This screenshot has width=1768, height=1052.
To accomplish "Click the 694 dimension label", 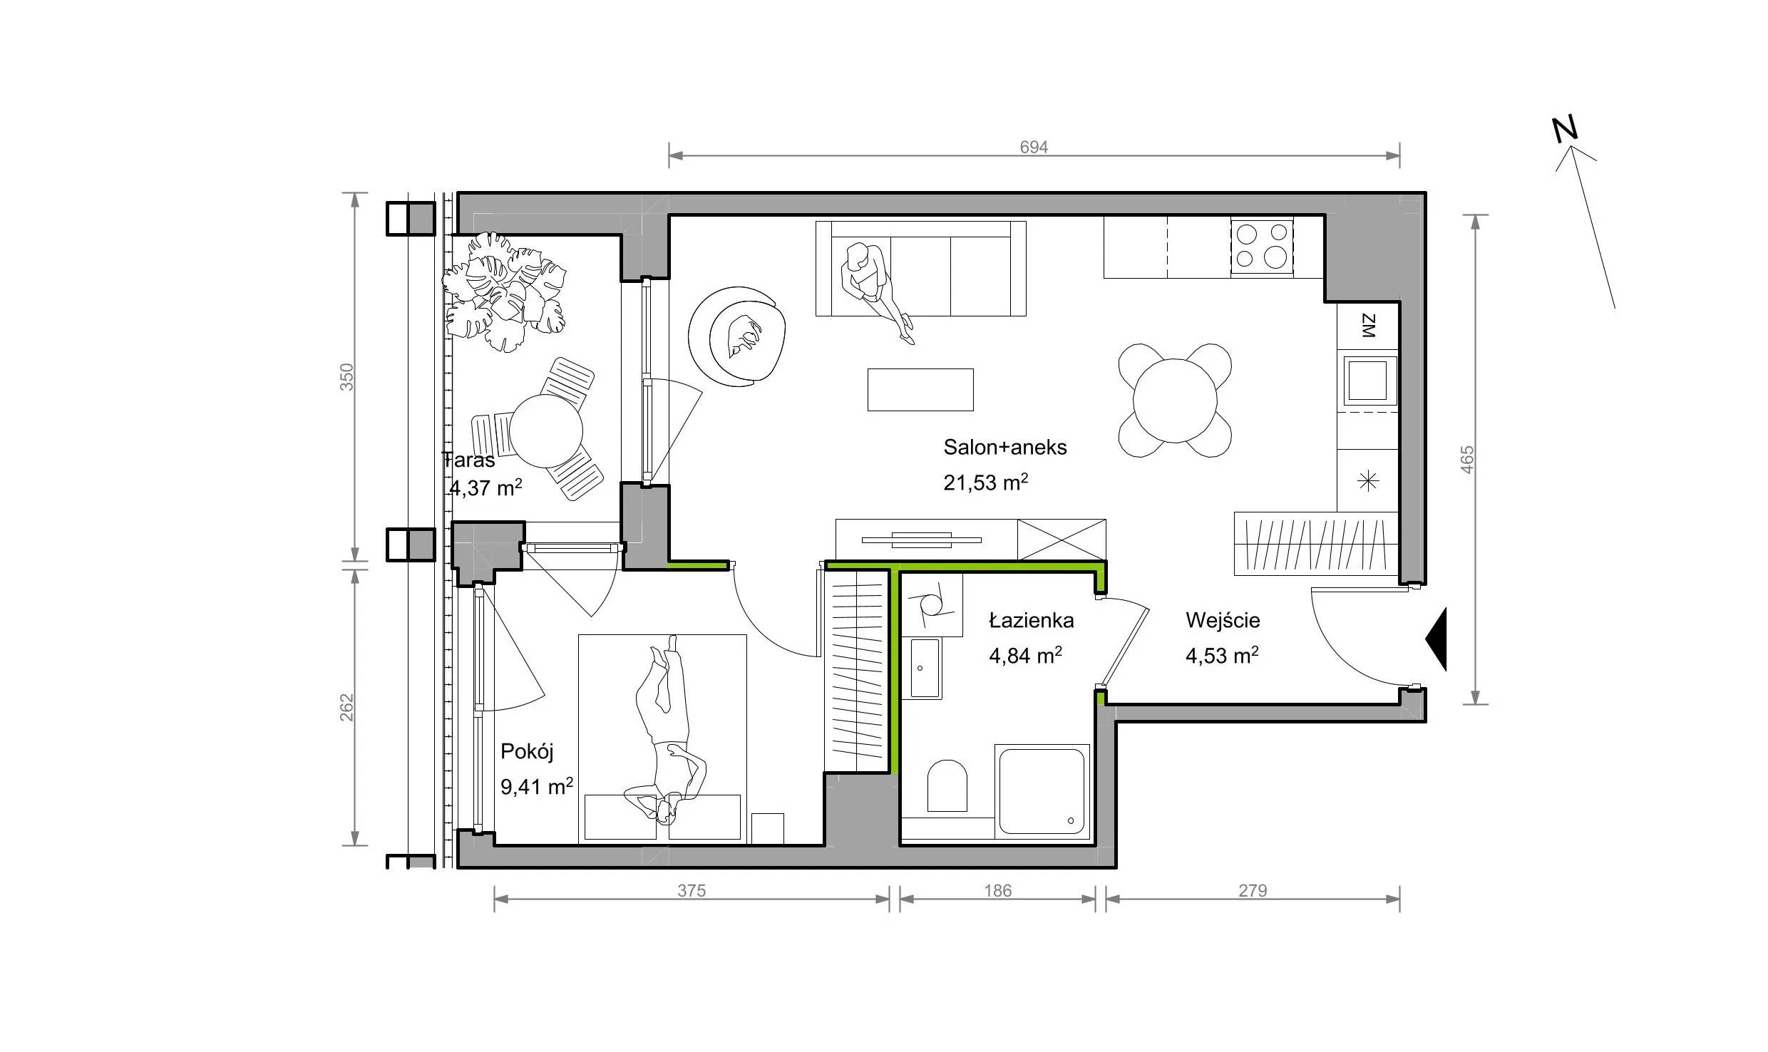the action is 1034,147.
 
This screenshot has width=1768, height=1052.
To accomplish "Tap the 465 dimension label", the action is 1466,460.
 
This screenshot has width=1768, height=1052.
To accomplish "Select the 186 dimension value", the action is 997,890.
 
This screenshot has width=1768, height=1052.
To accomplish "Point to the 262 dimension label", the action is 346,707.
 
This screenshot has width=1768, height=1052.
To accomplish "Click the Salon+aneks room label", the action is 1005,447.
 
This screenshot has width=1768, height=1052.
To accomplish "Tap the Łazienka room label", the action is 1031,620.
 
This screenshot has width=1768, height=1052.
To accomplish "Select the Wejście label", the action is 1223,620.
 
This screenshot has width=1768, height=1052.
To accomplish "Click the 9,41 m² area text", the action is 537,786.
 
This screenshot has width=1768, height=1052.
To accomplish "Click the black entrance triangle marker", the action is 1436,639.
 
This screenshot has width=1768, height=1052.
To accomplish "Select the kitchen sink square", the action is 1368,380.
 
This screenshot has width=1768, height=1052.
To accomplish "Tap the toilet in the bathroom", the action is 947,785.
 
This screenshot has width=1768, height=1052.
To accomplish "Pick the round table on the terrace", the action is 547,430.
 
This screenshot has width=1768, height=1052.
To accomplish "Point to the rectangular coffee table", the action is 920,389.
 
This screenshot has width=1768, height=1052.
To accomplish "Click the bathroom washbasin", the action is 925,668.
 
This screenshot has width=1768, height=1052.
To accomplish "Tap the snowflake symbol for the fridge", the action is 1368,482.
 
